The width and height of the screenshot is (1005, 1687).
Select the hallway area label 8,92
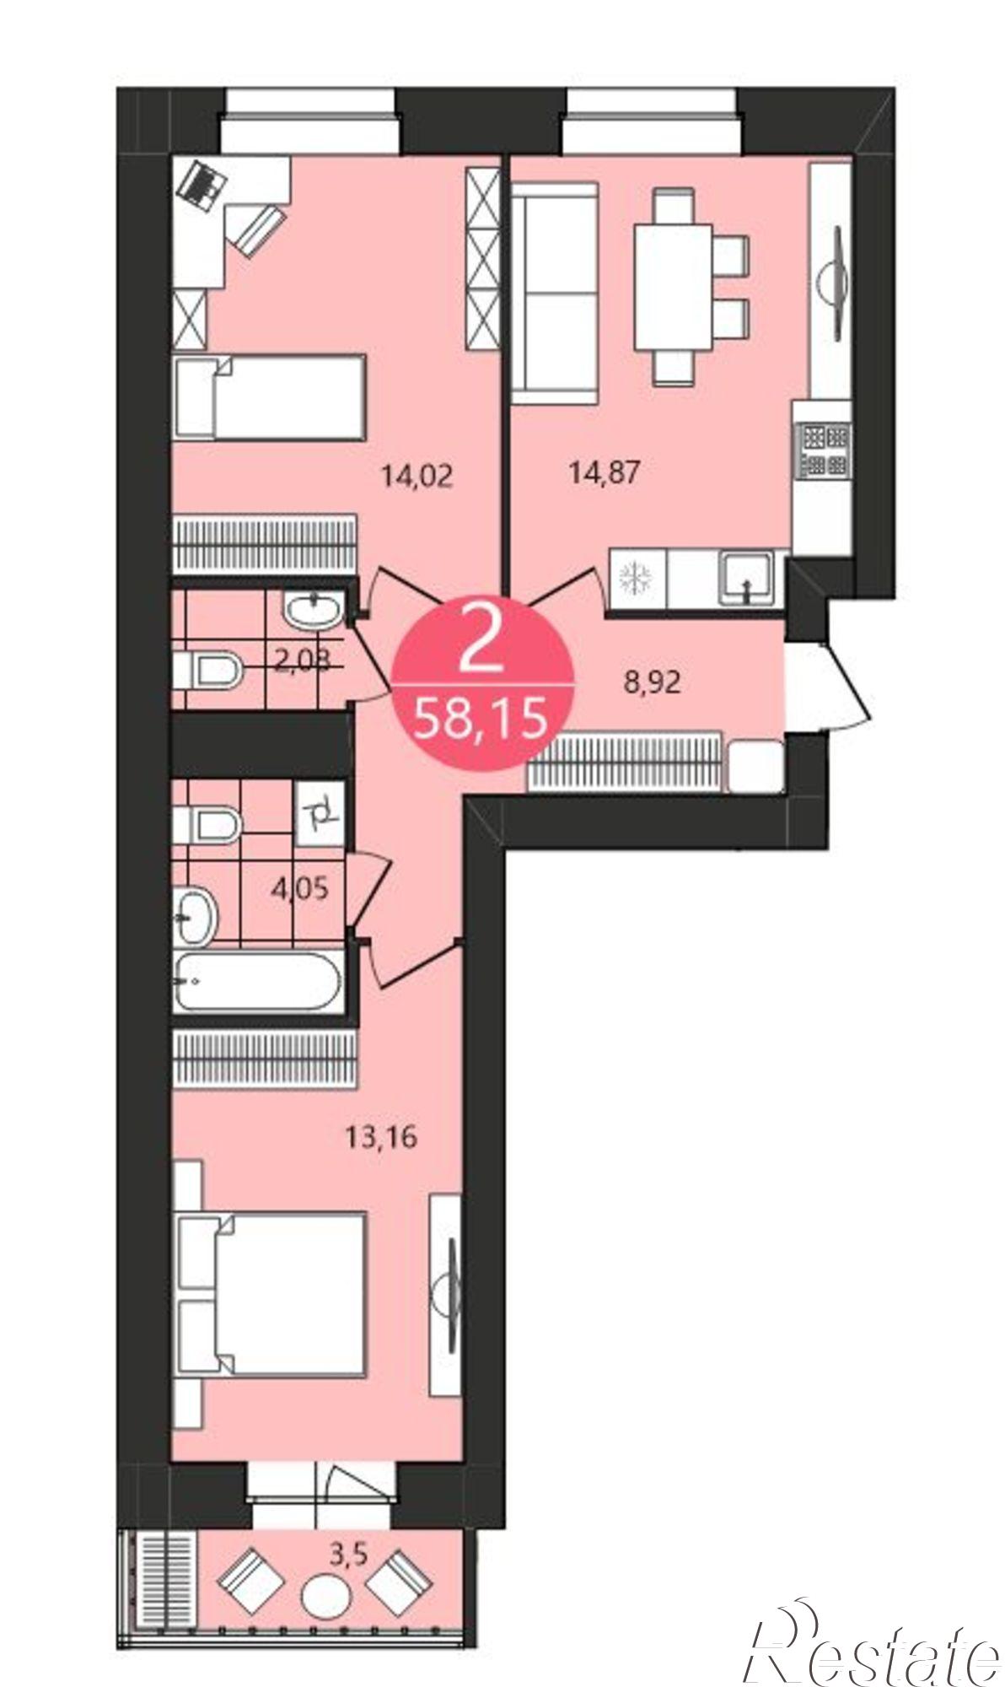click(652, 682)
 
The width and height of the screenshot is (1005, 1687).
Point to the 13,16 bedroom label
click(382, 1138)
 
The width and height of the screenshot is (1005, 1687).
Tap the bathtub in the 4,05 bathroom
click(257, 981)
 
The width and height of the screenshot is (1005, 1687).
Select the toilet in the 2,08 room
click(207, 671)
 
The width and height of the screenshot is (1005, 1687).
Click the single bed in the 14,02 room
click(270, 397)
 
